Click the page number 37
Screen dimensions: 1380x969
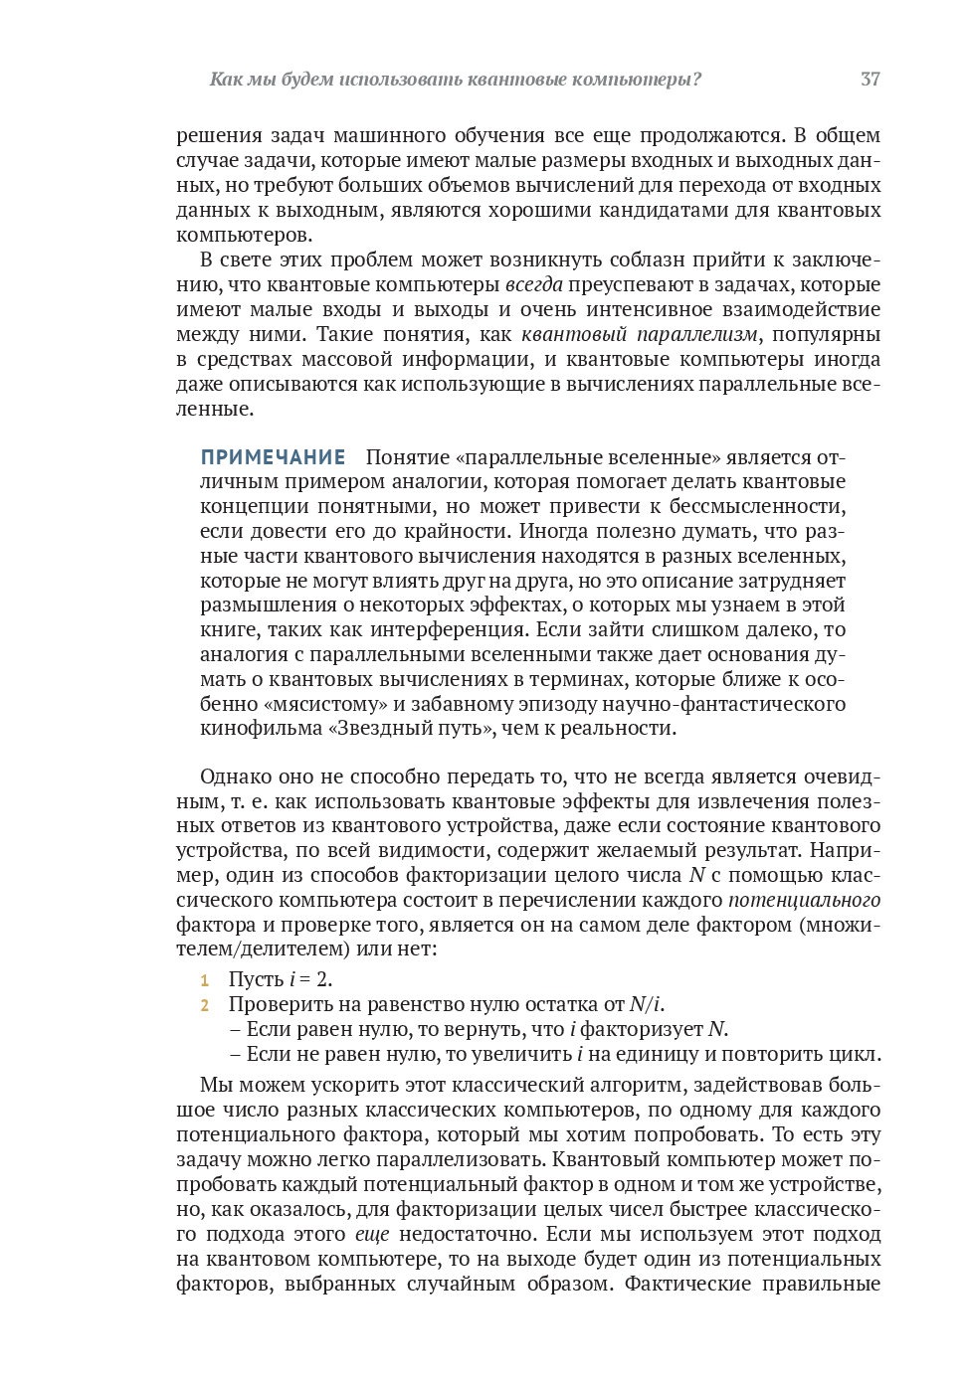(x=870, y=80)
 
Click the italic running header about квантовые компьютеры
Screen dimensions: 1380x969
(x=455, y=80)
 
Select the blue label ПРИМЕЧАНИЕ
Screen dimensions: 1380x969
(x=273, y=457)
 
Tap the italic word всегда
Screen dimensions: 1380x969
(x=533, y=284)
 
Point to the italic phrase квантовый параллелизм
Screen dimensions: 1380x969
(x=639, y=334)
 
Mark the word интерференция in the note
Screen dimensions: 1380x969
(x=448, y=629)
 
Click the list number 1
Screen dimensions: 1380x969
(x=204, y=980)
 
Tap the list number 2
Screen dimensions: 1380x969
(x=204, y=1005)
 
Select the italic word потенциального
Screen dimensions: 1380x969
(x=804, y=900)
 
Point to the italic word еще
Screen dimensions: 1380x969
(x=372, y=1234)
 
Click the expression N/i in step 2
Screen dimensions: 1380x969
(x=645, y=1004)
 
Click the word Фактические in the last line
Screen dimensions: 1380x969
(x=687, y=1284)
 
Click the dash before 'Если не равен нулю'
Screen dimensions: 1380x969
(x=235, y=1054)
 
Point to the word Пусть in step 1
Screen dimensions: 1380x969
(x=256, y=979)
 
